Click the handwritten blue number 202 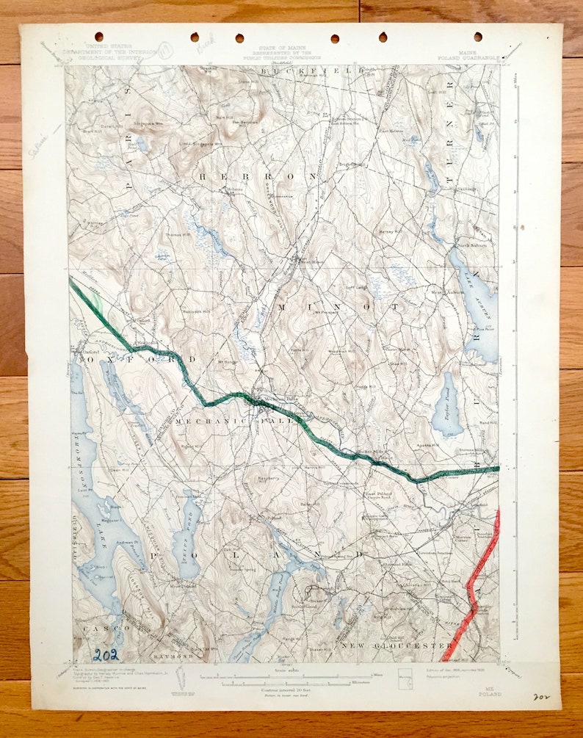coord(105,654)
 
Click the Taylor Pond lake coord(447,405)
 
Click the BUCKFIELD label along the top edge coord(322,70)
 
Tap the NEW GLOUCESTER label coord(396,645)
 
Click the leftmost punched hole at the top coord(98,36)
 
